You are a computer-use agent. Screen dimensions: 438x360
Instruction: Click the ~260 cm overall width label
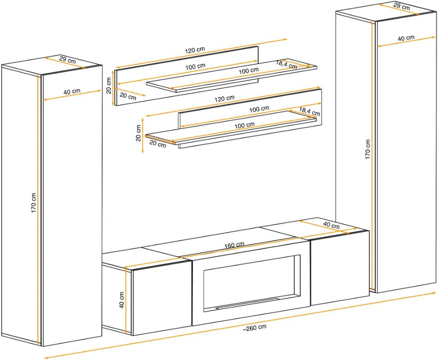pos(255,328)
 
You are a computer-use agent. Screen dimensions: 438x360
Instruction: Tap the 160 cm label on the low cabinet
pos(234,245)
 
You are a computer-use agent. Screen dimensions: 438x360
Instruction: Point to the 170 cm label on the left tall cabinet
pos(34,203)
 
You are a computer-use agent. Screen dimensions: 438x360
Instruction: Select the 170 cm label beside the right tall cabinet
pos(367,149)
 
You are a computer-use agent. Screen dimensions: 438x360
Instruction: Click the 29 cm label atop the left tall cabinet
pos(67,60)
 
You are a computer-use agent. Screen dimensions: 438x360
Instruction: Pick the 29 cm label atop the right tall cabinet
pos(402,6)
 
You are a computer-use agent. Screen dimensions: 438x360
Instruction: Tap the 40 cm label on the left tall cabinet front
pos(72,91)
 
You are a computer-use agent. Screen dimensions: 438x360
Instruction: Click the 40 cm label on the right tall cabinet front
pos(406,38)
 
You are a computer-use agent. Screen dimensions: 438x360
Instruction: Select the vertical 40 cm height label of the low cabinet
pos(121,300)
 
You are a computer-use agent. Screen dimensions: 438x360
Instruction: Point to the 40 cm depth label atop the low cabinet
pos(331,225)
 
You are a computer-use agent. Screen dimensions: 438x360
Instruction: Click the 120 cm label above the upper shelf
pos(195,50)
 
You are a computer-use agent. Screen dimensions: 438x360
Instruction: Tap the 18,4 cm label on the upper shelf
pos(286,64)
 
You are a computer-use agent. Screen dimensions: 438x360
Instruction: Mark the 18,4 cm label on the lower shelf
pos(309,111)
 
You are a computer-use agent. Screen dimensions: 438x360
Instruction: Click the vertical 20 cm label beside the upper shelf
pos(109,85)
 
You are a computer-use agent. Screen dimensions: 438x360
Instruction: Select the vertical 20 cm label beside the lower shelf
pos(138,133)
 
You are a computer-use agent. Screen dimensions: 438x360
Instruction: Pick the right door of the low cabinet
pos(340,268)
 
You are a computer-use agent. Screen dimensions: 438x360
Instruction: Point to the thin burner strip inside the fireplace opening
pos(247,304)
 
